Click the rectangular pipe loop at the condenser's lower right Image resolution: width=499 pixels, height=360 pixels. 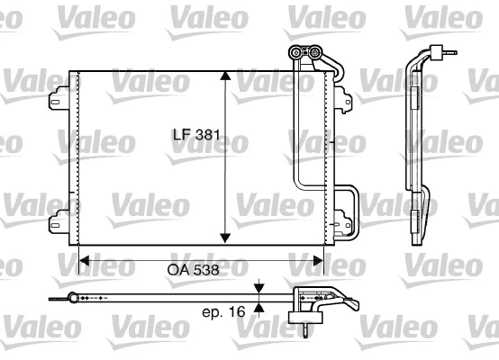(348, 202)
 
